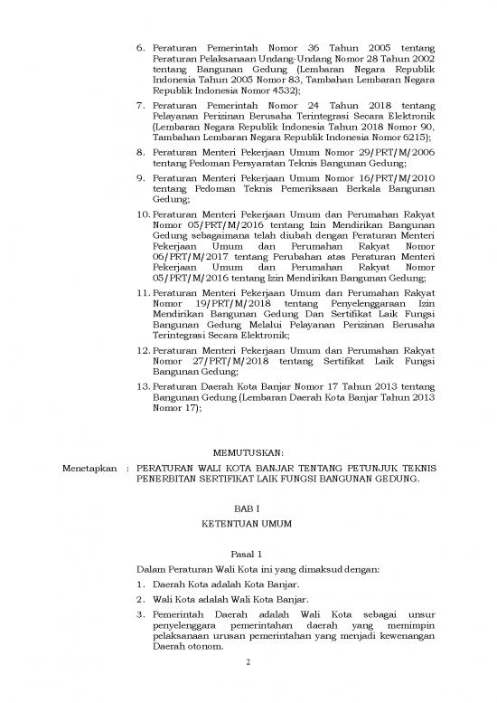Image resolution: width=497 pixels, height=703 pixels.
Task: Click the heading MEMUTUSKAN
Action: [247, 451]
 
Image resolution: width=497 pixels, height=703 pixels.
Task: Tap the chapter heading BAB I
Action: [247, 509]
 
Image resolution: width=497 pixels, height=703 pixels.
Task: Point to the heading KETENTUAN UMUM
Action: [247, 525]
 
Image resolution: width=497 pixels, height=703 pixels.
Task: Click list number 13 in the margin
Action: [143, 413]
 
